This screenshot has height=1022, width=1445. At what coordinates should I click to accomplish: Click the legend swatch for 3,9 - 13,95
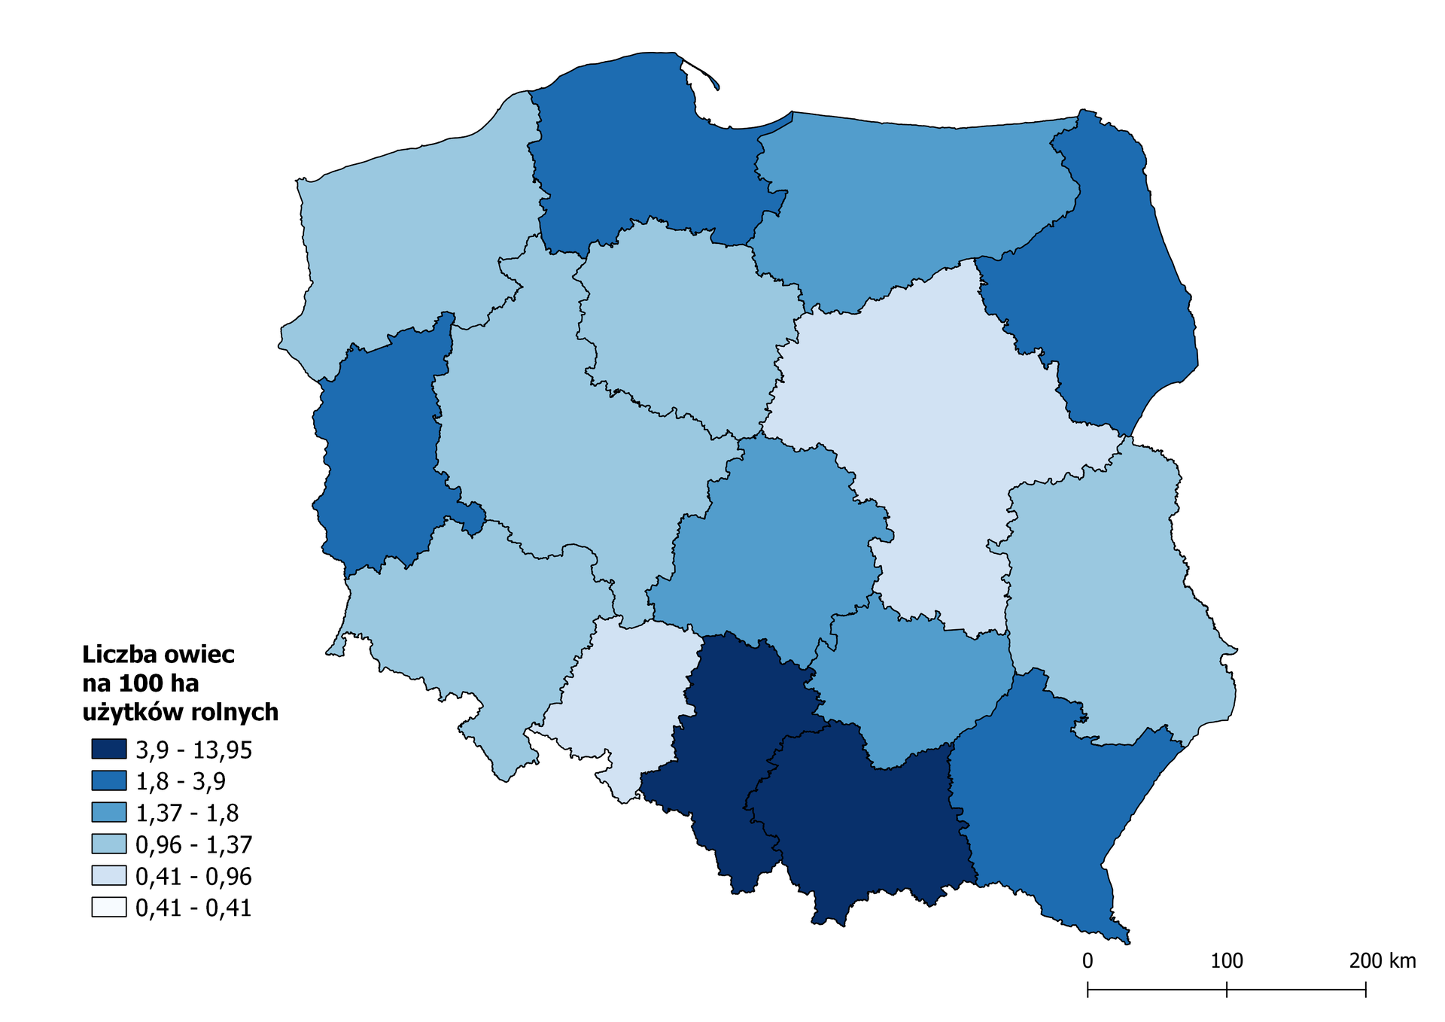coord(108,750)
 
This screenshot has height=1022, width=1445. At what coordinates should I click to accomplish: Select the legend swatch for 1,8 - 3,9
coord(108,781)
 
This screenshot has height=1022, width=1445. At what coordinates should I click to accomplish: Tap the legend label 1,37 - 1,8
coord(187,813)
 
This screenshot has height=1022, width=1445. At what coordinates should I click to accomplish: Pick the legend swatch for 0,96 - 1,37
coord(108,844)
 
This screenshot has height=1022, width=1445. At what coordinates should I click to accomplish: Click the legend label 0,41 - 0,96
coord(193,876)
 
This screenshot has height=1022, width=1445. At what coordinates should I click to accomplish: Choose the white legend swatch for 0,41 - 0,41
coord(108,908)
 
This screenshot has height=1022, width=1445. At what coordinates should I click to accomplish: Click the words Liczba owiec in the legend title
coord(158,655)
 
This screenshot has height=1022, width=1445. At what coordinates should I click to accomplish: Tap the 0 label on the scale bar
coord(1088,961)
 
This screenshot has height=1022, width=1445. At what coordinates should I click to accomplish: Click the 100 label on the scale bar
coord(1227,961)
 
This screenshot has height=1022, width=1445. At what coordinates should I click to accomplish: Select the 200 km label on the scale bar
coord(1382,961)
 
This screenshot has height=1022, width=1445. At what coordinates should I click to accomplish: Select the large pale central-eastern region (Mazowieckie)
coord(926,421)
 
